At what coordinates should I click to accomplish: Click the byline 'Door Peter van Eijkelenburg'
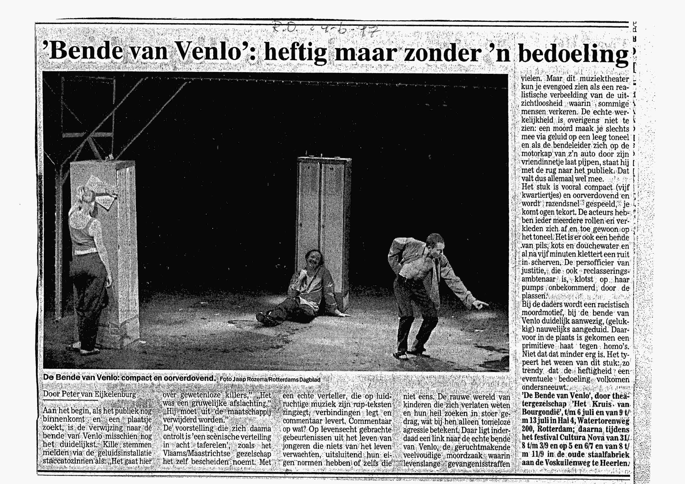click(x=89, y=394)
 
